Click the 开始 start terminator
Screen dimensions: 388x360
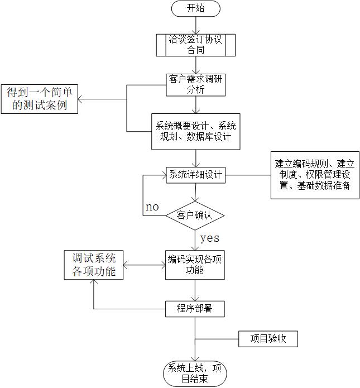(x=195, y=9)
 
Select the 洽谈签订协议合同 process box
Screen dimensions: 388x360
(x=195, y=45)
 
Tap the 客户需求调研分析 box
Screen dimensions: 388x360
(x=195, y=83)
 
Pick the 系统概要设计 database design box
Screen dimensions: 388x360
(x=195, y=131)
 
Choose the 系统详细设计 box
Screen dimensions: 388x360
(x=195, y=175)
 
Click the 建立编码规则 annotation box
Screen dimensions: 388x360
(x=315, y=175)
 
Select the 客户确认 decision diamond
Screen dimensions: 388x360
(x=195, y=215)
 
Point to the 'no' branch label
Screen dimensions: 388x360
(x=152, y=207)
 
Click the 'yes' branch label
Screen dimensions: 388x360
(x=209, y=238)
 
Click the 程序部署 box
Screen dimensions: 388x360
(x=195, y=308)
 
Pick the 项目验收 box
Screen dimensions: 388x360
(x=268, y=338)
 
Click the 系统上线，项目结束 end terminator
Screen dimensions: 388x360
(x=195, y=372)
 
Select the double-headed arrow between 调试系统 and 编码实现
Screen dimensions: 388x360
(x=145, y=265)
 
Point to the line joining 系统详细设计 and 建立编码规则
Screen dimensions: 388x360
(x=248, y=175)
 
